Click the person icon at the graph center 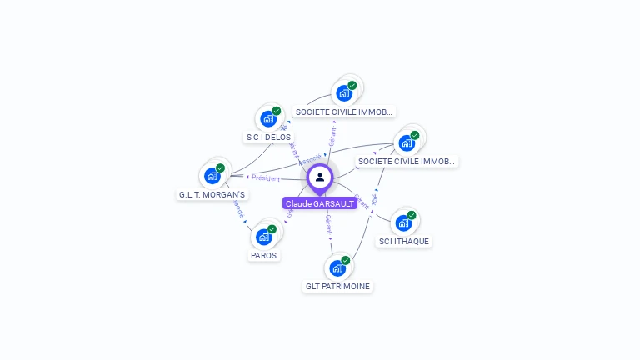coord(320,177)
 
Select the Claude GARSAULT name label coord(320,203)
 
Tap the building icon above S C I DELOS coord(267,118)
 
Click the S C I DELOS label coord(268,137)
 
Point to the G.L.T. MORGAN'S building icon coord(212,176)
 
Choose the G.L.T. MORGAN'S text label coord(212,194)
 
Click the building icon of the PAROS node coord(263,237)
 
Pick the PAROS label coord(263,255)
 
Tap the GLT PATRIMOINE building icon coord(337,267)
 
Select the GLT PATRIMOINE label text coord(337,286)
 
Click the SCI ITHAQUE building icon coord(403,222)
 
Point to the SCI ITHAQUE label coord(404,241)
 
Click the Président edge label coord(266,177)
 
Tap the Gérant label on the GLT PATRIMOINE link coord(328,223)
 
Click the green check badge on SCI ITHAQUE coord(412,215)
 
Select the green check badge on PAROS coord(272,229)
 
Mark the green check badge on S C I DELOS coord(276,111)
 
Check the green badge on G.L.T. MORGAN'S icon coord(220,168)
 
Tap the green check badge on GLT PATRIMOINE coord(345,260)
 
